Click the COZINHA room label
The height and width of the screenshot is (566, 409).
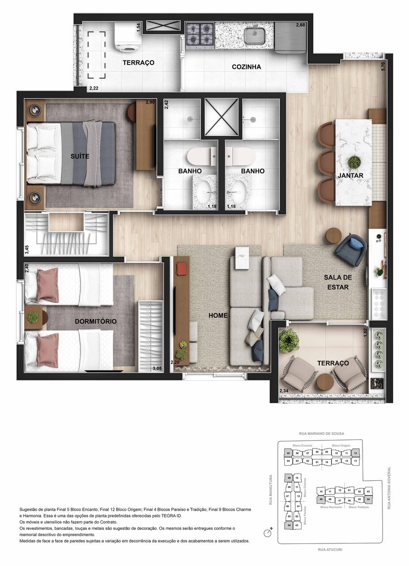[246, 67]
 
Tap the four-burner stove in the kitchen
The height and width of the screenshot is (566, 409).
[200, 34]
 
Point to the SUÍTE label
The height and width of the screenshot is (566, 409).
[80, 156]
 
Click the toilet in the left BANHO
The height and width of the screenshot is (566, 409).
[201, 156]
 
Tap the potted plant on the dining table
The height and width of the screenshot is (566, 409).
[354, 162]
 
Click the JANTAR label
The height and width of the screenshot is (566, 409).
[351, 176]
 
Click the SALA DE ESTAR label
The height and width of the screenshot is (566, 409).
[337, 282]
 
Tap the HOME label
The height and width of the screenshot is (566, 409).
[218, 315]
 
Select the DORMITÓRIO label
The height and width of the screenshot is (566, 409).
[96, 321]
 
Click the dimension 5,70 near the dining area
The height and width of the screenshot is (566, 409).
[383, 67]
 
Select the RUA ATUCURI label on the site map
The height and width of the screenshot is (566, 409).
[330, 550]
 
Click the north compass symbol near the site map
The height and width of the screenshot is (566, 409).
[267, 533]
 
